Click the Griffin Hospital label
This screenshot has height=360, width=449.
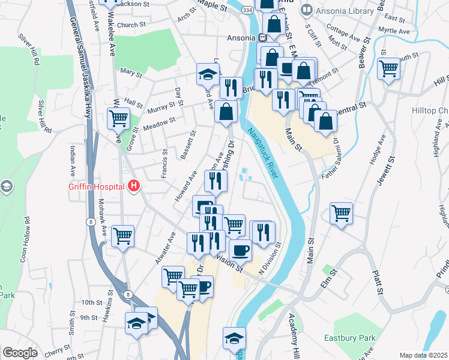(x=97, y=186)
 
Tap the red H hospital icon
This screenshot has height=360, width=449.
(x=134, y=186)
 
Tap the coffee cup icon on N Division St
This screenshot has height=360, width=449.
(x=240, y=250)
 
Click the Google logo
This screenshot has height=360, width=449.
(x=20, y=353)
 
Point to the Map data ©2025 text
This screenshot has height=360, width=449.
(x=423, y=355)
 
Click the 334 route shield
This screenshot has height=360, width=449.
(x=247, y=11)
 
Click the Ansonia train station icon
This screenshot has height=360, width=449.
(x=262, y=37)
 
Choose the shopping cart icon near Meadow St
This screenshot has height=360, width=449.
(x=118, y=118)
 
